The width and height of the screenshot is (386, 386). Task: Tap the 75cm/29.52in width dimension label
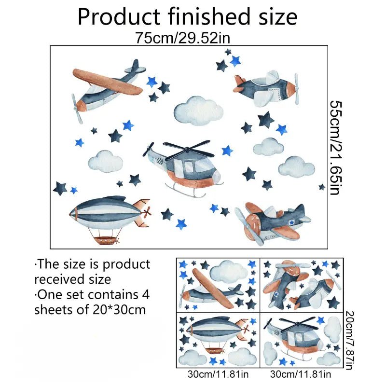(x=183, y=38)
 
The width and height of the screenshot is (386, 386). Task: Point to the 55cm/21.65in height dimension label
(x=335, y=147)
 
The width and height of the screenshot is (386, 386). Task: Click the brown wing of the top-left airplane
(x=108, y=82)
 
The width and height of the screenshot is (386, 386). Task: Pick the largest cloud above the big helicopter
(x=198, y=110)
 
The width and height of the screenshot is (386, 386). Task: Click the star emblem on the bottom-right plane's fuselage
(x=292, y=222)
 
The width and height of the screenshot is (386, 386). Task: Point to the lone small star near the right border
(x=322, y=187)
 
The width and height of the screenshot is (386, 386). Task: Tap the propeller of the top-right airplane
(x=296, y=89)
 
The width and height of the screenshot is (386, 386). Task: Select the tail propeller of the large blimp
(x=147, y=212)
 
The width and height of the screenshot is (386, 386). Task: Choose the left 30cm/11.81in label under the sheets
(x=218, y=374)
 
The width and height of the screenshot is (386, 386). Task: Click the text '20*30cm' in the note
(x=119, y=310)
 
